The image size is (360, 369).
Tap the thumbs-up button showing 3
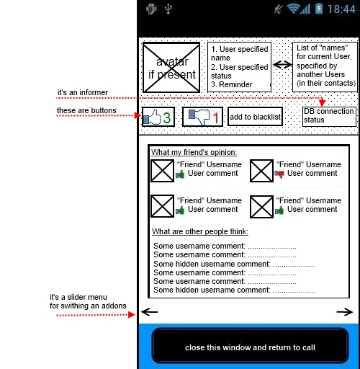[x=158, y=117]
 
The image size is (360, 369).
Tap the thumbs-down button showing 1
[x=202, y=117]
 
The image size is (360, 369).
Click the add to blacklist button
[x=255, y=117]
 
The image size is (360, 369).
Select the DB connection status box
[x=329, y=117]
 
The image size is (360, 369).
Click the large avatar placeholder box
[x=171, y=67]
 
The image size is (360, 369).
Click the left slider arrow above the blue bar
[x=150, y=312]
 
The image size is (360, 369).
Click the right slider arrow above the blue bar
[x=345, y=312]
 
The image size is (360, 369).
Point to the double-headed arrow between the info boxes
[x=282, y=64]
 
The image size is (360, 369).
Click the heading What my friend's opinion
[x=194, y=152]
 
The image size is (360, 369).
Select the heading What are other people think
[x=200, y=231]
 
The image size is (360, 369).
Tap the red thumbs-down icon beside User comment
[x=279, y=174]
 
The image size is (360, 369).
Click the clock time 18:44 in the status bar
[x=341, y=9]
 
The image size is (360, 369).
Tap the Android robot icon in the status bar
[x=151, y=9]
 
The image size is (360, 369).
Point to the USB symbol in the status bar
[x=168, y=9]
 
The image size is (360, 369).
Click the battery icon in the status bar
[x=319, y=9]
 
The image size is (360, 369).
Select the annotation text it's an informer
[x=83, y=92]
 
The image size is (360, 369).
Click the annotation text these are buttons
[x=86, y=110]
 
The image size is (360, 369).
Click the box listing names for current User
[x=325, y=67]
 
